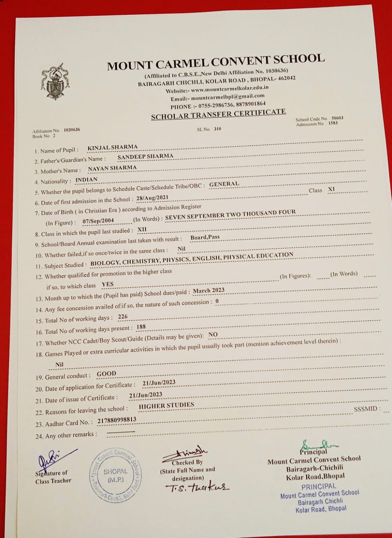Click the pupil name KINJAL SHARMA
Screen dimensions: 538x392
[x=112, y=147]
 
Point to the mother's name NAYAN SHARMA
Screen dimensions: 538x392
[x=112, y=168]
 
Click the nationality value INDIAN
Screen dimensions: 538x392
[x=86, y=179]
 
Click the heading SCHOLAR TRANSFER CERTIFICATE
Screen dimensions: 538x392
[x=218, y=114]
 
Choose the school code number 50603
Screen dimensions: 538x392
[x=337, y=118]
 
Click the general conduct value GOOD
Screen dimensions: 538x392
[x=106, y=373]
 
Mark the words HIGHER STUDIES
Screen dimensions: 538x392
[x=166, y=406]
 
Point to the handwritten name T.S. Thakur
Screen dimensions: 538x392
[x=197, y=487]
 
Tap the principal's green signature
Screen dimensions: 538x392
[x=317, y=444]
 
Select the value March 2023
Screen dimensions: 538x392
[x=209, y=290]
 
